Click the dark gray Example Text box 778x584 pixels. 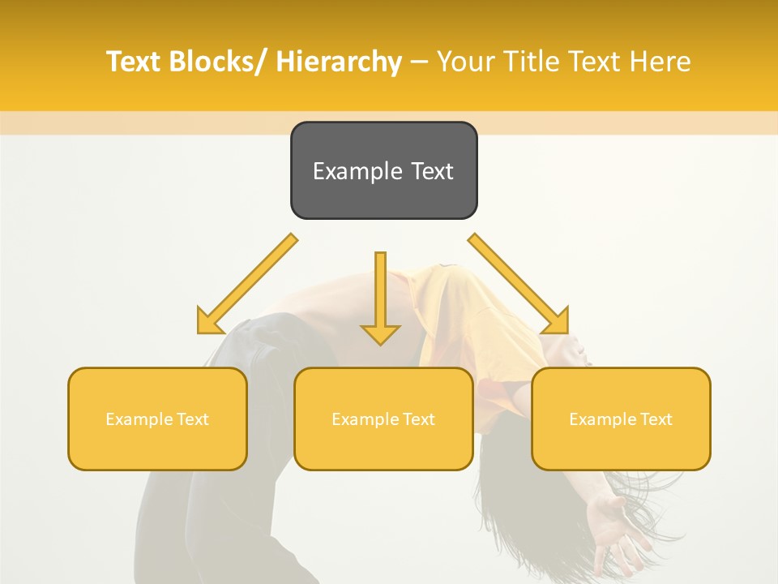(383, 170)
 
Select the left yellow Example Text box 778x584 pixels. (157, 419)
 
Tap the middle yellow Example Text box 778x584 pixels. (383, 419)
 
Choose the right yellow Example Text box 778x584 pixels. (621, 419)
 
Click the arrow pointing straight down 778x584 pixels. (380, 296)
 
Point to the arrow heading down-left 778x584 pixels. (247, 284)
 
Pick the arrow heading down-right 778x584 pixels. (519, 284)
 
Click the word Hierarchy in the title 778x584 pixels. (338, 62)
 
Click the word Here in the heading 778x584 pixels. (660, 62)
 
